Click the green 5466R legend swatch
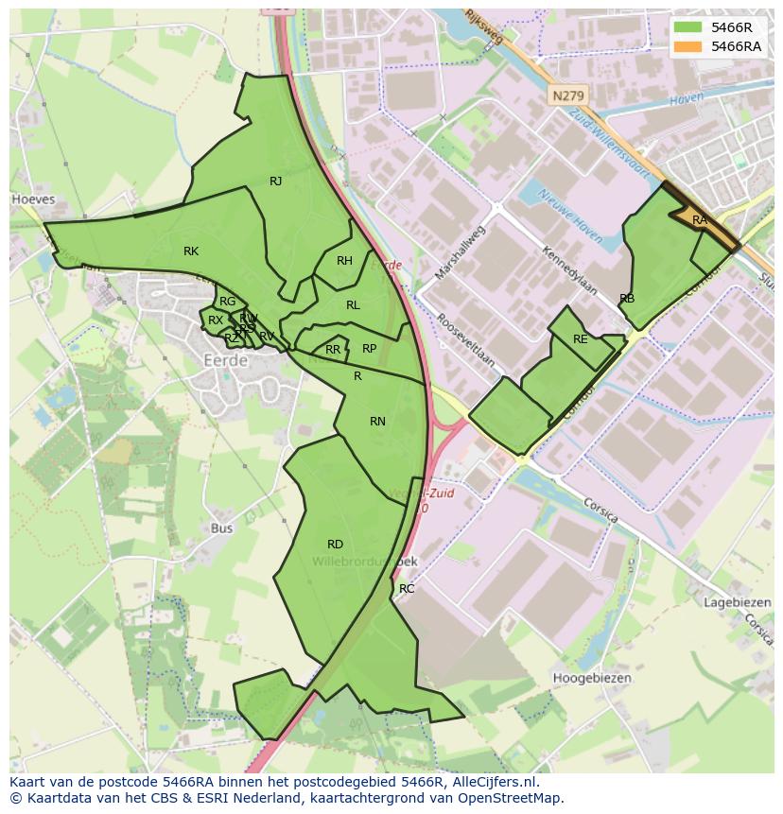coord(687,27)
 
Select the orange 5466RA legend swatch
coord(687,46)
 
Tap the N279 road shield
coord(566,95)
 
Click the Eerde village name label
coord(225,360)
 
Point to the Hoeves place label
coord(33,199)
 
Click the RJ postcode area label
coord(275,182)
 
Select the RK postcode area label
coord(191,251)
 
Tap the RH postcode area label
coord(344,261)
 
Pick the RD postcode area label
coord(335,545)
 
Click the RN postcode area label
coord(377,422)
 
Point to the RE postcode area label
coord(580,339)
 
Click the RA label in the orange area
coord(699,220)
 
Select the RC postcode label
coord(407,589)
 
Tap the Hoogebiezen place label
coord(592,678)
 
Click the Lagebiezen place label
coord(738,602)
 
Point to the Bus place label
coord(222,528)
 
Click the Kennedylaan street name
coord(570,270)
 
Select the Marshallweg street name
coord(458,251)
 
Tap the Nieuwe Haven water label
coord(569,216)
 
